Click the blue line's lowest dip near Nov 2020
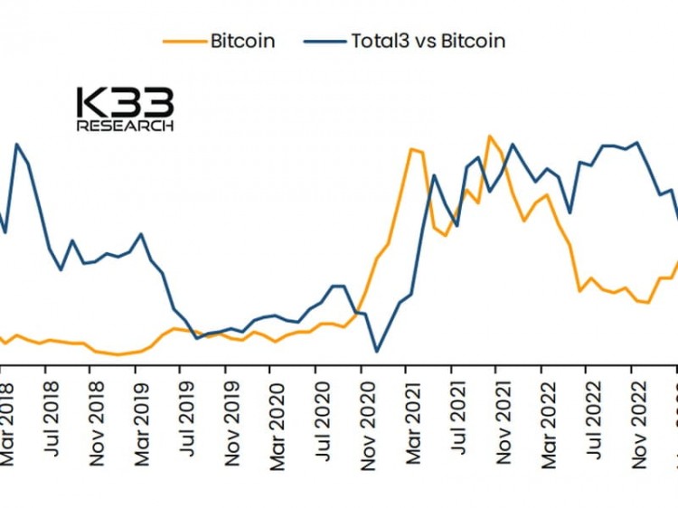[377, 351]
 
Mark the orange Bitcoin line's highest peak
[490, 136]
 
